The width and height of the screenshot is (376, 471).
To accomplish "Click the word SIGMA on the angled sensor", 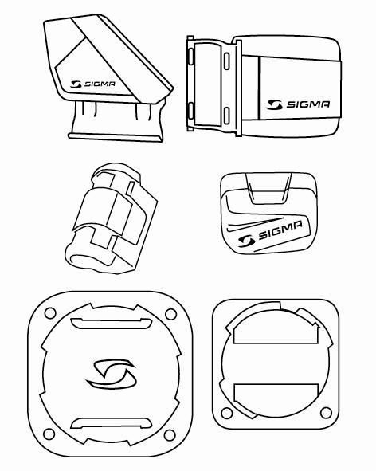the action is [x=100, y=84].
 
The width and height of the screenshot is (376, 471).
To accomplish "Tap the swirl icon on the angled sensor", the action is [x=76, y=84].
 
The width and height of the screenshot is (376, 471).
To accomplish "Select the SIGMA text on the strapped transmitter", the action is [x=308, y=104].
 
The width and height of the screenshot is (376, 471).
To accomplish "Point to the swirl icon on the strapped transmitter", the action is [x=274, y=104].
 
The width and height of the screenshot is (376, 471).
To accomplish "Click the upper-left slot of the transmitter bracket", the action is [x=190, y=57].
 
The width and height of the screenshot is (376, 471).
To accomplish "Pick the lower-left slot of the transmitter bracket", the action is [x=190, y=111].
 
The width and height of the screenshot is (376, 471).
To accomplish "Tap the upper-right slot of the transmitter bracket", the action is [x=227, y=61].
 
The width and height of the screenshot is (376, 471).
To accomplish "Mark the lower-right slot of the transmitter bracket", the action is [x=227, y=116].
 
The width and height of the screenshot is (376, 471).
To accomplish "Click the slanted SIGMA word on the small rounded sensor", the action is [x=280, y=230].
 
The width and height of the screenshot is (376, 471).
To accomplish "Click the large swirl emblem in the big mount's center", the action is [x=112, y=374].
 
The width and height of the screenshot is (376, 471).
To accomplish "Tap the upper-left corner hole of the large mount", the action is [x=50, y=313].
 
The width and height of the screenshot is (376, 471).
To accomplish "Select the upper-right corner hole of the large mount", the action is [x=171, y=315].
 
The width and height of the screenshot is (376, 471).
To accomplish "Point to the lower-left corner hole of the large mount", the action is [x=49, y=434].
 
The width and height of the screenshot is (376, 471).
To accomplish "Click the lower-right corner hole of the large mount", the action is [x=170, y=435].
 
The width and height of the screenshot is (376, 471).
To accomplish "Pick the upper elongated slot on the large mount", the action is [x=111, y=323].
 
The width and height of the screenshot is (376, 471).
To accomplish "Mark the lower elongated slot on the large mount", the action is [x=111, y=423].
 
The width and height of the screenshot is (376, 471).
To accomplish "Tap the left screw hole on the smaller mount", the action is [x=227, y=413].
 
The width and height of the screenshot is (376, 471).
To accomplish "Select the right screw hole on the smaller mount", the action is [x=326, y=413].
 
